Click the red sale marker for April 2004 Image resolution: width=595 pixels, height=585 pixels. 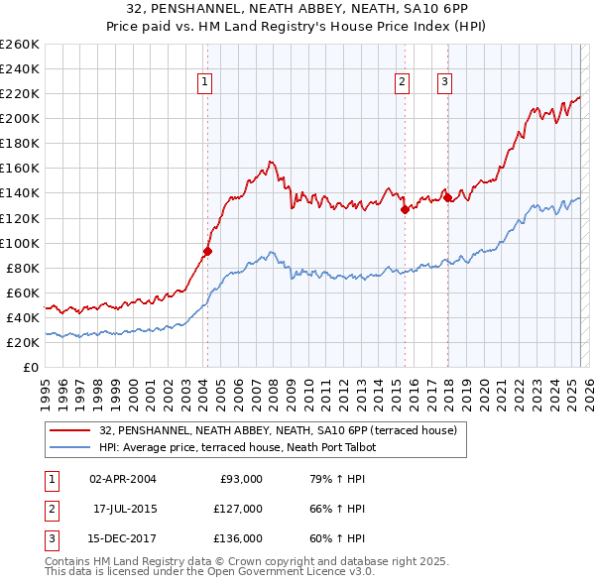coord(207,251)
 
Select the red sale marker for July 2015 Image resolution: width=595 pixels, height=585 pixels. coord(405,209)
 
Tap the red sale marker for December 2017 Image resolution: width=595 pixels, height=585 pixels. coord(447,197)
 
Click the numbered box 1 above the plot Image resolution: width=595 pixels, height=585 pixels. coord(203,83)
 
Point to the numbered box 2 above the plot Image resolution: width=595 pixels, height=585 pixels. coord(402,83)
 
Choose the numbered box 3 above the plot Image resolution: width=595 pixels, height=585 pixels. coord(444,83)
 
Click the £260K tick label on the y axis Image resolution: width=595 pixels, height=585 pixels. coord(19,45)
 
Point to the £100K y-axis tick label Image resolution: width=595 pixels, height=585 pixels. coord(19,243)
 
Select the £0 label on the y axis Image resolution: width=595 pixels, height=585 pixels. coord(31,367)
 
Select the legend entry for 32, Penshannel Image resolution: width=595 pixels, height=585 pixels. coord(278,430)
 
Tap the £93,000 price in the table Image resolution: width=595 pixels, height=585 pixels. coord(240,479)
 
